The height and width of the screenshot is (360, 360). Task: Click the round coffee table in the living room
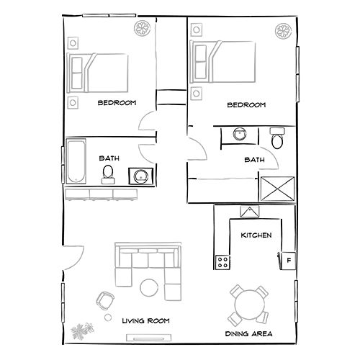[x=150, y=287]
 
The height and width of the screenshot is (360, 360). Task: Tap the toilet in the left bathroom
[x=108, y=173]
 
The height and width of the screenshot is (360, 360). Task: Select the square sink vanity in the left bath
[x=139, y=175]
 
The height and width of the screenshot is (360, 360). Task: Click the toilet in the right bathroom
[x=276, y=138]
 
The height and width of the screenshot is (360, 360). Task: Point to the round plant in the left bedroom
[x=142, y=30]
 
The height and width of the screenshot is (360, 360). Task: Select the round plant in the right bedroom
[x=284, y=31]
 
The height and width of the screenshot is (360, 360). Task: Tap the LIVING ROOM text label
[x=145, y=321]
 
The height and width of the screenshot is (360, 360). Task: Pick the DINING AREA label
[x=248, y=335]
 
